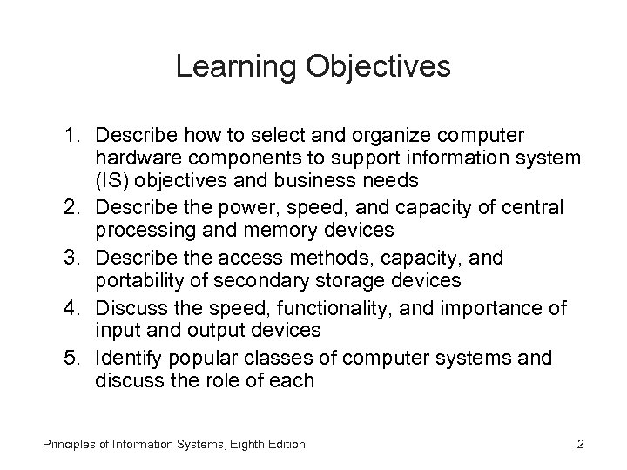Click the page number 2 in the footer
[581, 445]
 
